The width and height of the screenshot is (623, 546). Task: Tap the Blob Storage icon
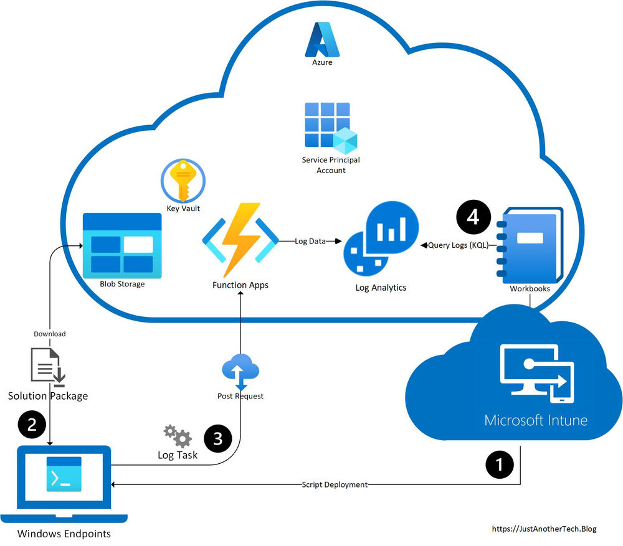[122, 243]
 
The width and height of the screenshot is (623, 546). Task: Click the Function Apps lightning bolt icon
[240, 240]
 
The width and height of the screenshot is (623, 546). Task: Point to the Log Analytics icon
[381, 239]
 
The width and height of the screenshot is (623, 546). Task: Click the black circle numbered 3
[217, 439]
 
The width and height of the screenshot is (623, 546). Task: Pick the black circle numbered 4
[473, 217]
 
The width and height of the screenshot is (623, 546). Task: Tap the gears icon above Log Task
[178, 436]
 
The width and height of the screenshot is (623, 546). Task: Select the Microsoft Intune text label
[536, 420]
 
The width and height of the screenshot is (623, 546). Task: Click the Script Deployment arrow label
[335, 484]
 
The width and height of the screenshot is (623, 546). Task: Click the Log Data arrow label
[310, 241]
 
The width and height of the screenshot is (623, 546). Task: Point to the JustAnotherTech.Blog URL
[544, 529]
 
